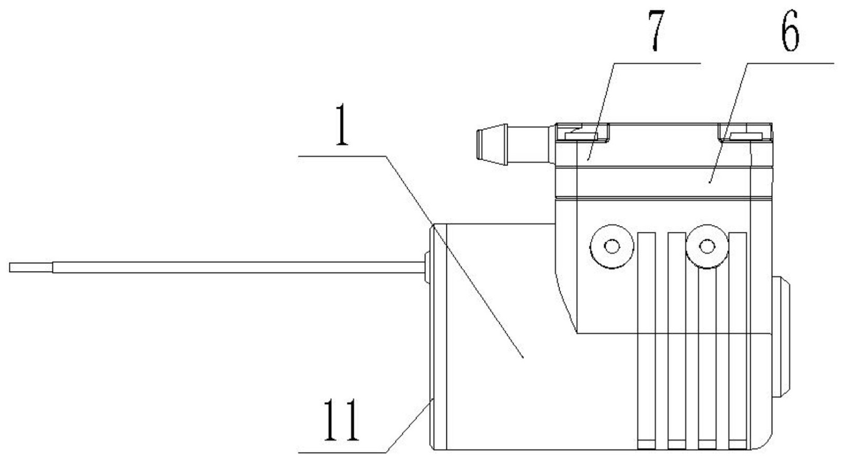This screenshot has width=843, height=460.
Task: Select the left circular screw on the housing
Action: point(611,245)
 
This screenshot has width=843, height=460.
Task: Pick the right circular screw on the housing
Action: point(707,245)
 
